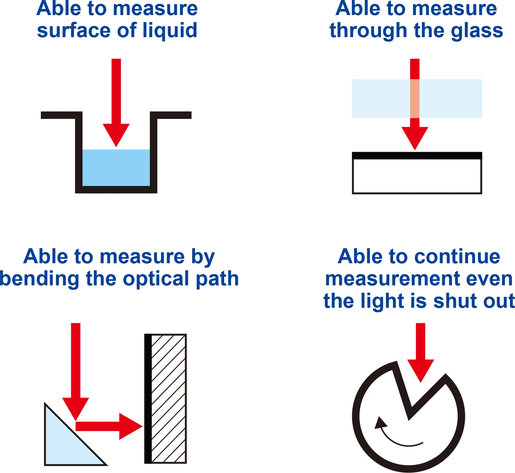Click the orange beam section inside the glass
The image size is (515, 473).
tap(415, 99)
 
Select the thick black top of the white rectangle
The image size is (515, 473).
tap(417, 156)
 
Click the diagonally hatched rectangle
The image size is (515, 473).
tap(169, 399)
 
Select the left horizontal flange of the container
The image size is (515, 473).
tap(61, 115)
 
